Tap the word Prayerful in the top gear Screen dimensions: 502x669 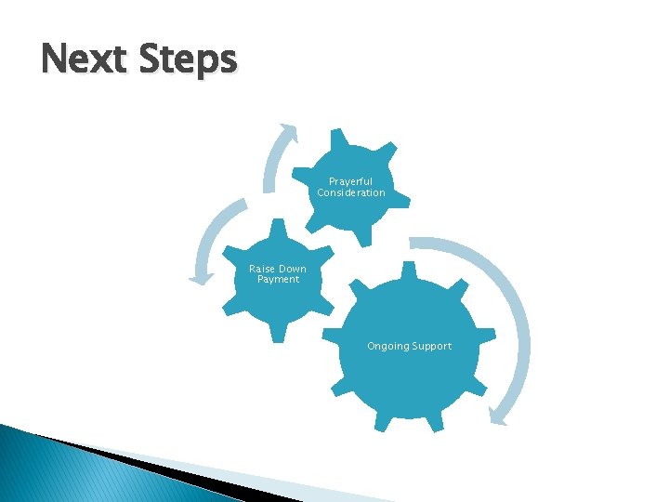[x=350, y=181]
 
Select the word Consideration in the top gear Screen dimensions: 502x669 [x=350, y=192]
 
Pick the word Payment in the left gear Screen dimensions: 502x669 [x=278, y=280]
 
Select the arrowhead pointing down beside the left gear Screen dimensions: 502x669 [x=198, y=275]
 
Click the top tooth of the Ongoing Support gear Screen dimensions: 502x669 [x=408, y=271]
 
